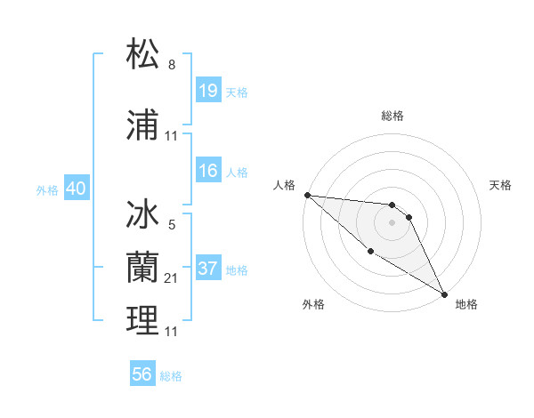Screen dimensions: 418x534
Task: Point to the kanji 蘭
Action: click(143, 266)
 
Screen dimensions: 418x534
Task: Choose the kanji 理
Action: click(143, 320)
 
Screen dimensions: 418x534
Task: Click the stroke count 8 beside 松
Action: click(172, 65)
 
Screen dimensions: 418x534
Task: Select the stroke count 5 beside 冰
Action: click(172, 226)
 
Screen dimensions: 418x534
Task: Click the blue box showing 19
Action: click(208, 92)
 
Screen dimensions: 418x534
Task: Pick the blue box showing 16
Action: click(208, 172)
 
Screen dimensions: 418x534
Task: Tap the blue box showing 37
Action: click(208, 269)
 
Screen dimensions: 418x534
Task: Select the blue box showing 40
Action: click(76, 189)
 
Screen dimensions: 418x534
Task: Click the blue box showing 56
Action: click(142, 374)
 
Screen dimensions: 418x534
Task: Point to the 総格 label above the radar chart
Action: click(392, 116)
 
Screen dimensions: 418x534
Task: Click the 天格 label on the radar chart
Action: click(501, 185)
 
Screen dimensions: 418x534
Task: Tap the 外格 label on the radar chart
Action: click(313, 304)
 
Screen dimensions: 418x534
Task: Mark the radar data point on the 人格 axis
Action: click(307, 195)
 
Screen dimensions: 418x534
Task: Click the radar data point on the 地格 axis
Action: click(444, 293)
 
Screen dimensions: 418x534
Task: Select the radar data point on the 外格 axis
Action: click(370, 251)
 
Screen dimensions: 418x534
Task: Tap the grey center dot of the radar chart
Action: click(392, 222)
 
